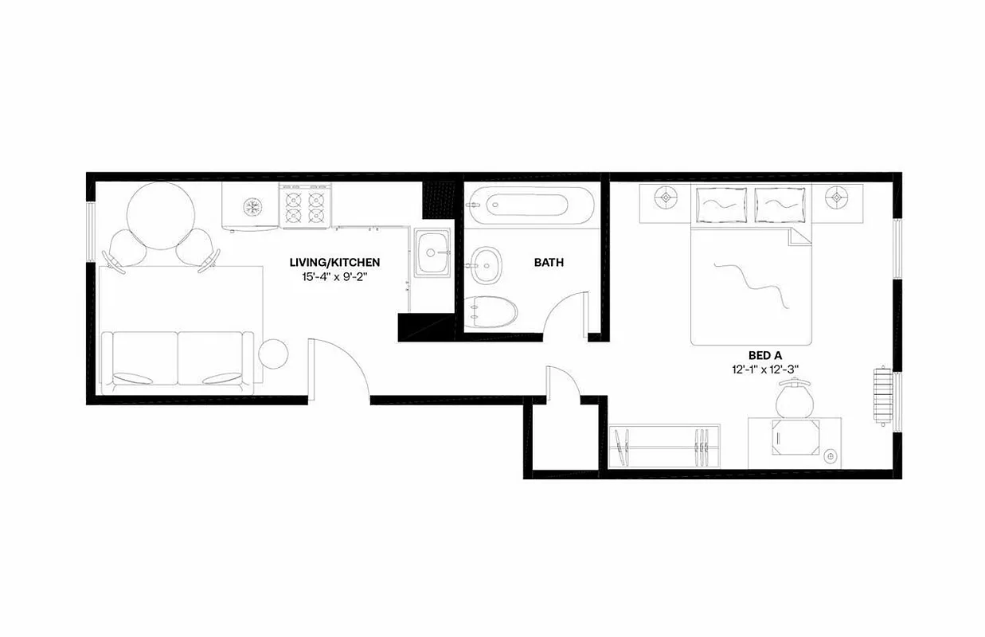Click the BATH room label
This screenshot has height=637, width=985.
click(549, 262)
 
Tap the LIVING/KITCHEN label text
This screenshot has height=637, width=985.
click(334, 262)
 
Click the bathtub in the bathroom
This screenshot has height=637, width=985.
click(530, 206)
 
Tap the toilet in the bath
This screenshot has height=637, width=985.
click(491, 311)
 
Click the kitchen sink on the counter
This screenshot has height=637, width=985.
click(432, 253)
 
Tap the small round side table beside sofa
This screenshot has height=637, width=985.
click(275, 354)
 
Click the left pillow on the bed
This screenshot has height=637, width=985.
click(722, 205)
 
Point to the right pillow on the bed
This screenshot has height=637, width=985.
click(780, 205)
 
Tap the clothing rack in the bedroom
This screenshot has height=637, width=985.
click(663, 447)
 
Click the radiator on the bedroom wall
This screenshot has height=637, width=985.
click(881, 396)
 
